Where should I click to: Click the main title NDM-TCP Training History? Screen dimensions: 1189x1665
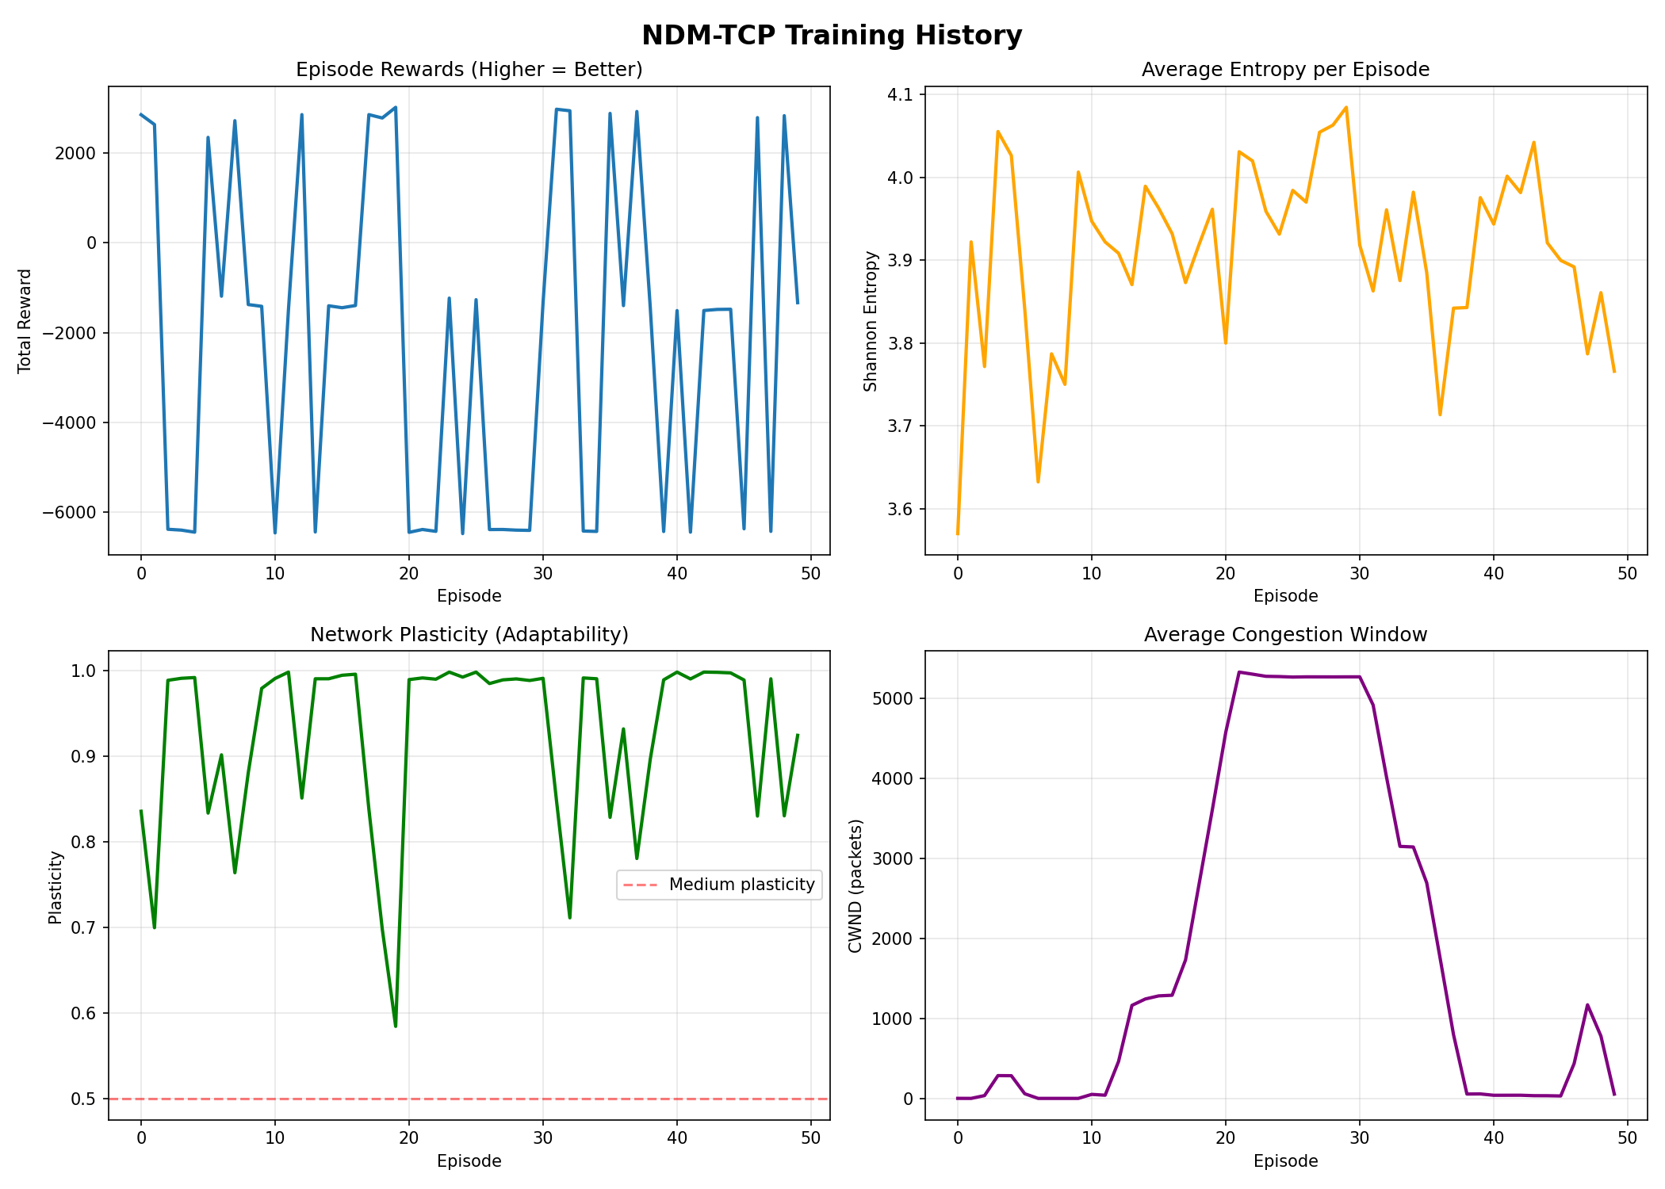[x=832, y=36]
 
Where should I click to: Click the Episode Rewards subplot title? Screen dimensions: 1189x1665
[x=469, y=70]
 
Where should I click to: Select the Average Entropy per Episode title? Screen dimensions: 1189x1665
[x=1285, y=70]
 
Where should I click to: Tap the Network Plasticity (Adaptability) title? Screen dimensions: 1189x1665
[x=469, y=635]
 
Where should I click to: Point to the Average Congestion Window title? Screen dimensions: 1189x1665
[x=1285, y=635]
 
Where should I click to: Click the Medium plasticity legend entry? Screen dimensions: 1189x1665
[x=741, y=885]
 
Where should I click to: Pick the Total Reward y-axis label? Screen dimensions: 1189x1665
[x=25, y=320]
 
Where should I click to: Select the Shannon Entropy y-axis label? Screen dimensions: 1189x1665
[x=871, y=320]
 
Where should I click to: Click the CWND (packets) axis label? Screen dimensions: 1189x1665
[x=855, y=885]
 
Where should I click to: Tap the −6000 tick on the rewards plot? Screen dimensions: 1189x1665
[x=70, y=513]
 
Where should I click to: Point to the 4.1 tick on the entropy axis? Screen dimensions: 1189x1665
[x=899, y=95]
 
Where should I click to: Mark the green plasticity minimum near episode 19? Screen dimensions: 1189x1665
[x=396, y=1027]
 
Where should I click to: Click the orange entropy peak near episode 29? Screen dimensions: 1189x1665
[x=1346, y=107]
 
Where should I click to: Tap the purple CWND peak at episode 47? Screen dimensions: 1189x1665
[x=1587, y=1005]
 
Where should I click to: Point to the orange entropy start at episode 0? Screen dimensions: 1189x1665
[x=958, y=533]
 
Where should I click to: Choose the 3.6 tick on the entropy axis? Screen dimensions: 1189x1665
[x=899, y=509]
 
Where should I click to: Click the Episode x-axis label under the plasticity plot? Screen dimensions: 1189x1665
[x=469, y=1161]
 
